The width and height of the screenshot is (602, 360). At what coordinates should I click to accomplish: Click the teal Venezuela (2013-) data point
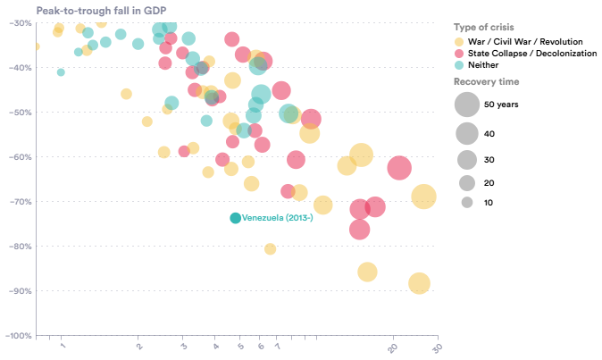tap(236, 218)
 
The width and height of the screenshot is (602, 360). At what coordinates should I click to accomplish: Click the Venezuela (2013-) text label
tap(277, 218)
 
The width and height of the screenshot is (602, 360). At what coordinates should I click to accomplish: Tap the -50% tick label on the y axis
tap(20, 113)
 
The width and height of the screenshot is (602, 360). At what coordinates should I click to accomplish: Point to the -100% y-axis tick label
tap(18, 336)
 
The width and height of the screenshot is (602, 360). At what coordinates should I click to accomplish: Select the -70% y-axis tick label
tap(20, 202)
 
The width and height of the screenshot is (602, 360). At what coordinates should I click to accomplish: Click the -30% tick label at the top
tap(20, 23)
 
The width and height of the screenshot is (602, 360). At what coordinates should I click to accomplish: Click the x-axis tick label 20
tap(393, 349)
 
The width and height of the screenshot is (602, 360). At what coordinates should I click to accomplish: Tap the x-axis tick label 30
tap(436, 349)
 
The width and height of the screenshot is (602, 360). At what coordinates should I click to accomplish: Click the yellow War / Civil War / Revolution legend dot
tap(459, 42)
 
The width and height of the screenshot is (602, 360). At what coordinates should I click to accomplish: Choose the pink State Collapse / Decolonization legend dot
tap(459, 54)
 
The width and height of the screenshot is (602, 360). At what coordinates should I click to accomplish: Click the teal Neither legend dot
tap(459, 65)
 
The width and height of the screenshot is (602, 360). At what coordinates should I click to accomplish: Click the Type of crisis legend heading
tap(483, 28)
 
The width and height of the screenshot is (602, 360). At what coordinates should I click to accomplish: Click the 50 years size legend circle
tap(466, 105)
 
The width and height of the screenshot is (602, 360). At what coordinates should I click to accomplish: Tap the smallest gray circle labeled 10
tap(466, 203)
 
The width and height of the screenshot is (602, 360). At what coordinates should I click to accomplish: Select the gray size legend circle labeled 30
tap(466, 161)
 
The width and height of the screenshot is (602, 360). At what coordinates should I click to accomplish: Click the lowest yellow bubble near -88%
tap(419, 283)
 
